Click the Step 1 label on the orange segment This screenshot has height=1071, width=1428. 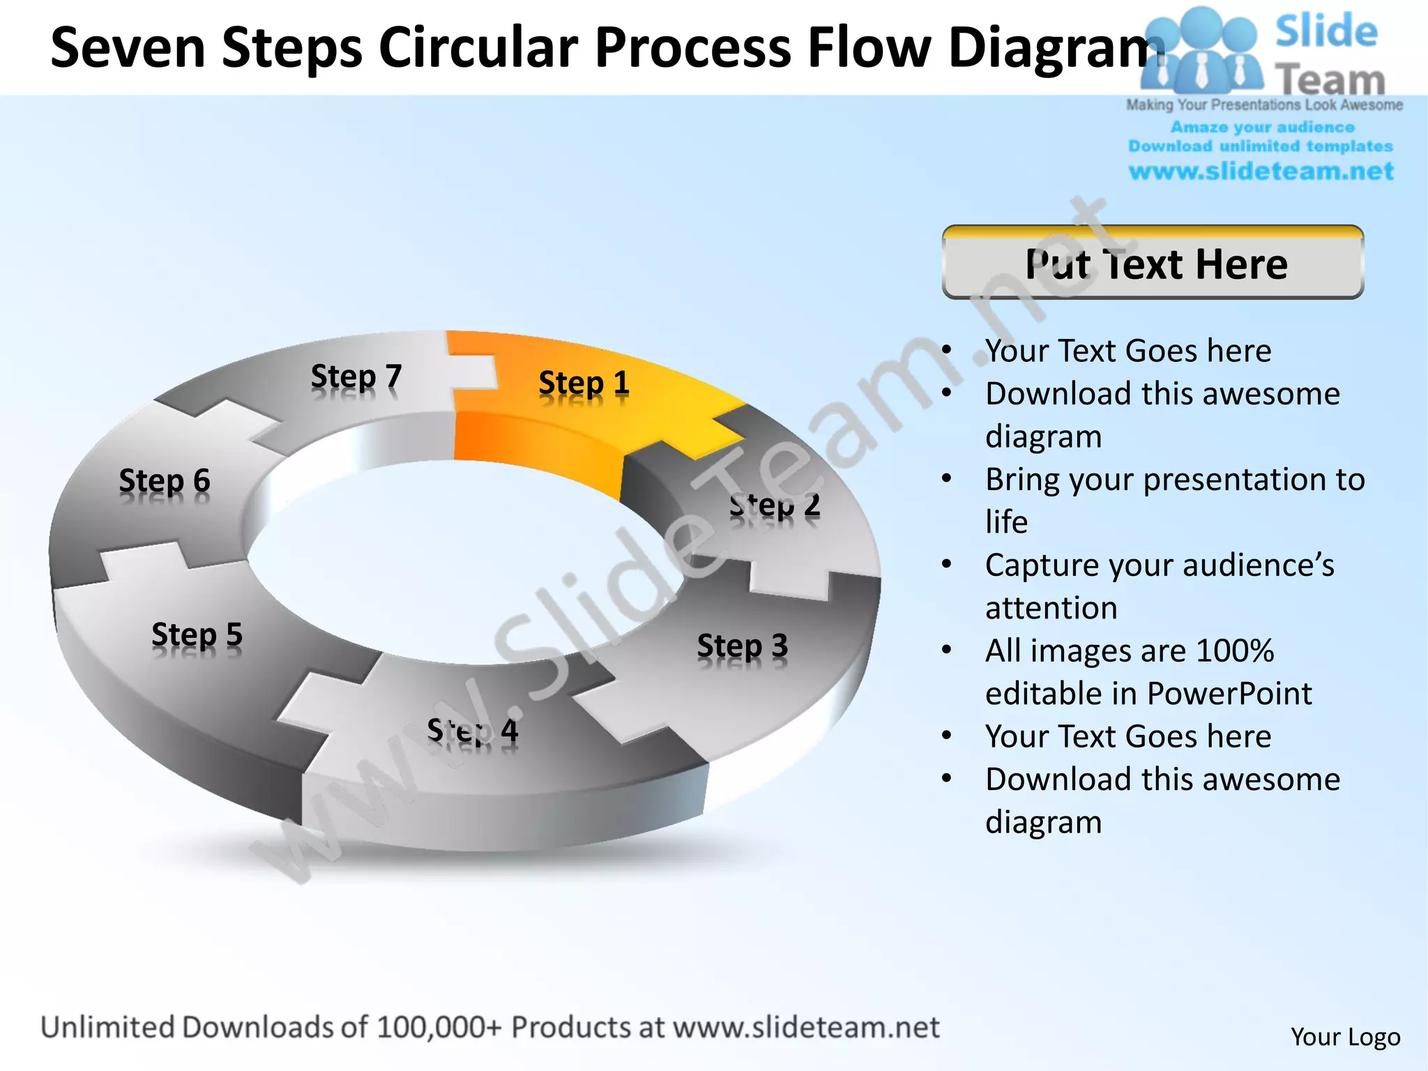coord(584,383)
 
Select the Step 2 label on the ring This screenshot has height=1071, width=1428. coord(775,506)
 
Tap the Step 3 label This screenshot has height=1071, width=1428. coord(742,646)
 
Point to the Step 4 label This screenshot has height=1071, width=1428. coord(472,731)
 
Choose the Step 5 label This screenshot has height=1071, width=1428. coord(197,635)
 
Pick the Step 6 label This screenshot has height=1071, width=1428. coord(164,481)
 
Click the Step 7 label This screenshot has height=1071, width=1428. coord(356,377)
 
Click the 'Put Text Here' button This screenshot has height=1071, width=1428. coord(1153,264)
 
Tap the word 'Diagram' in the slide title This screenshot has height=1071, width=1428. coord(1056,47)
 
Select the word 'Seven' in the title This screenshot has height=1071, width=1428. coord(128,47)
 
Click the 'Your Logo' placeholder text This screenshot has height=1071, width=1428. coord(1345,1037)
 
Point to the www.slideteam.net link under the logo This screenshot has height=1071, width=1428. coord(1261,171)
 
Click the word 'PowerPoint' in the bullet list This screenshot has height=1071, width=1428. coord(1229,693)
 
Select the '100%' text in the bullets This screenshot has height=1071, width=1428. coord(1234,651)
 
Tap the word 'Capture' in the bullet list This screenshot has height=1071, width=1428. coord(1041,565)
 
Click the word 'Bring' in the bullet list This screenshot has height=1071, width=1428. coord(1024,480)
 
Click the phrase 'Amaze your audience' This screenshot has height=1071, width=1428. coord(1262,127)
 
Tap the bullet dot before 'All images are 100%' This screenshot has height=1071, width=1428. coord(946,651)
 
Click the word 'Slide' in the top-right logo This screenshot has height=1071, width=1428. coord(1326,32)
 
